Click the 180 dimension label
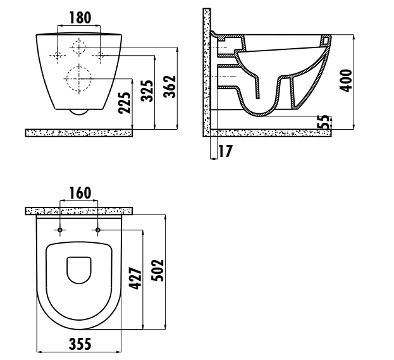tap(80, 18)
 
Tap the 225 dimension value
tap(125, 103)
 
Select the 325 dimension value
tap(147, 90)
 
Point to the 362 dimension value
tap(169, 87)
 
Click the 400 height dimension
tap(346, 81)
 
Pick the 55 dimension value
tap(324, 122)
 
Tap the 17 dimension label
tap(225, 151)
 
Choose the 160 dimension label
tap(80, 193)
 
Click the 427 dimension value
tap(135, 278)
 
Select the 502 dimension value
tap(157, 270)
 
